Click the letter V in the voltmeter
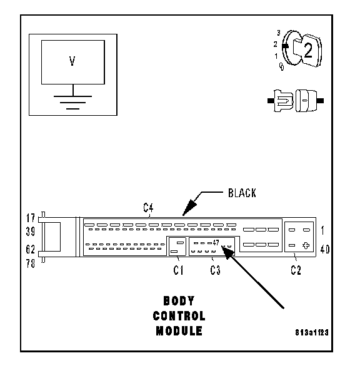pos(72,61)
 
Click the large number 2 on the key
pos(308,50)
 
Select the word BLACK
pos(242,193)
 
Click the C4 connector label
pos(148,208)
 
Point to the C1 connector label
pos(178,270)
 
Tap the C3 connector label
pos(215,270)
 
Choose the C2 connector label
pos(296,270)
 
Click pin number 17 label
pos(31,218)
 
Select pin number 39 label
pos(31,232)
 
